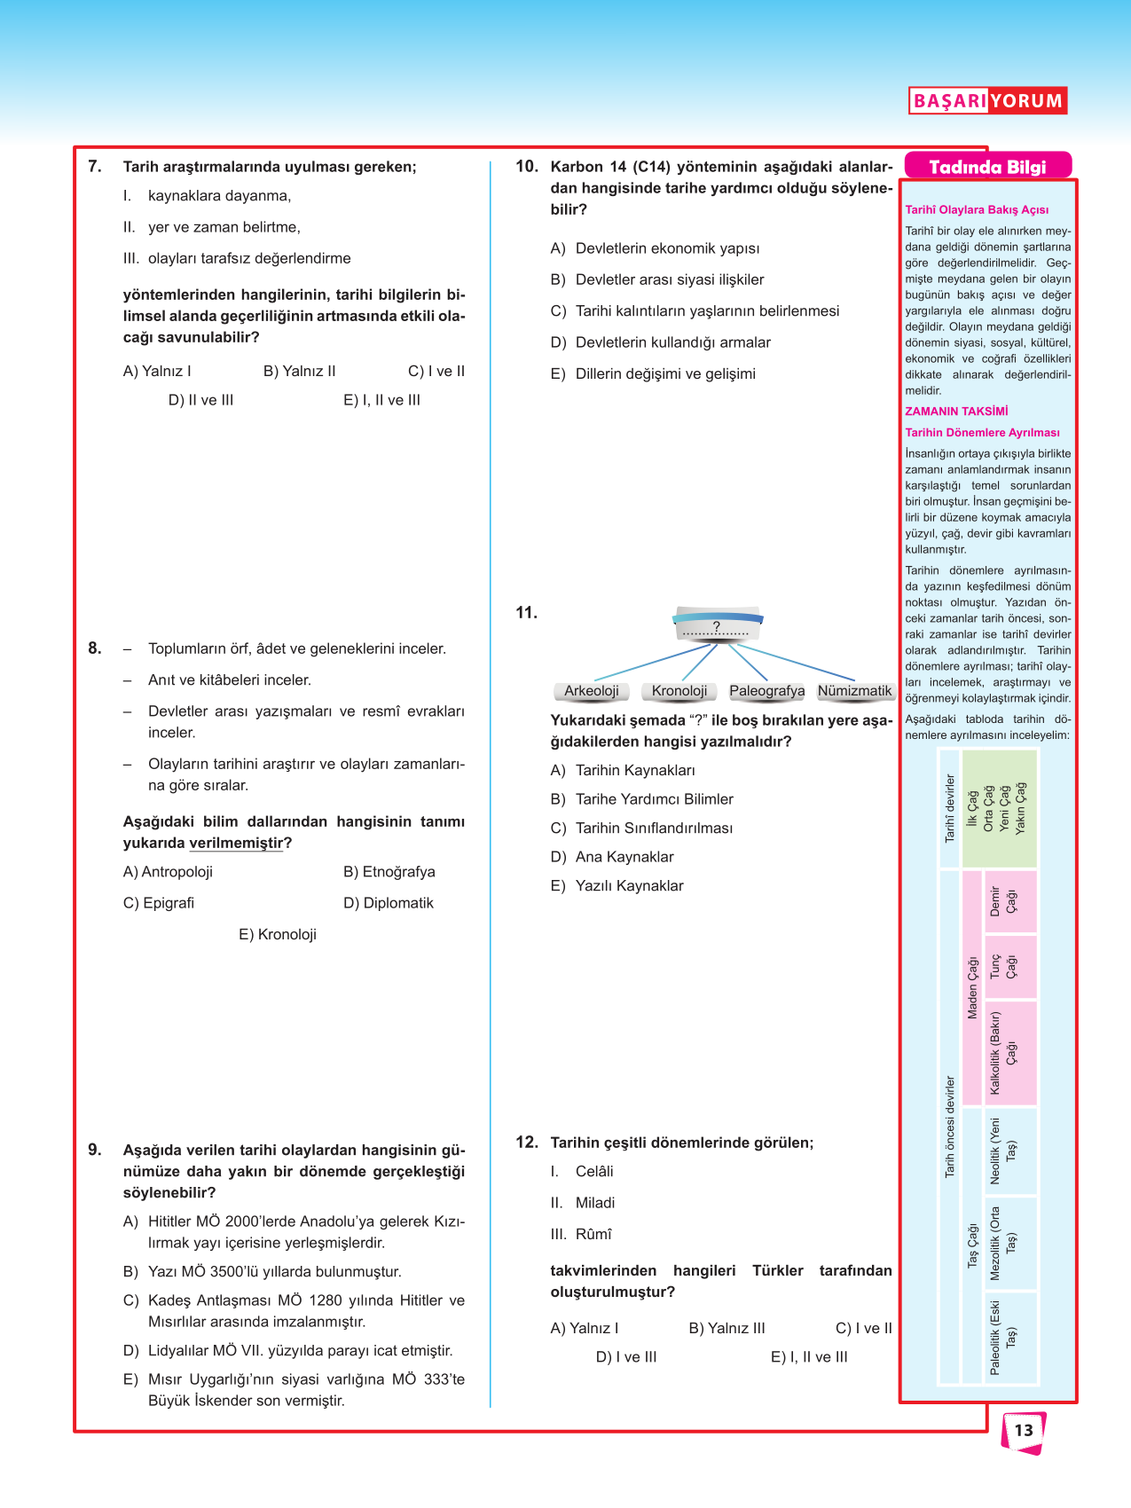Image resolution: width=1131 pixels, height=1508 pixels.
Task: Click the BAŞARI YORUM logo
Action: tap(987, 100)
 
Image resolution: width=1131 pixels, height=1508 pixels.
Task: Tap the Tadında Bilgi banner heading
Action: tap(987, 167)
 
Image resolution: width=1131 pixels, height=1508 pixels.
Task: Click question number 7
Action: tap(95, 166)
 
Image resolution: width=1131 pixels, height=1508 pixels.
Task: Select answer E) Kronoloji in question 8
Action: tap(278, 934)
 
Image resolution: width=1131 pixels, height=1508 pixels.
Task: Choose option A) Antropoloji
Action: tap(168, 872)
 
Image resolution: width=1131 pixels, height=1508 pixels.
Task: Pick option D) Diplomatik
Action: tap(389, 903)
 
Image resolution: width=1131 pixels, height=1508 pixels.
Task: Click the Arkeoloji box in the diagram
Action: tap(592, 691)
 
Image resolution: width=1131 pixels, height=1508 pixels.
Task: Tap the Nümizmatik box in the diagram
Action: tap(854, 691)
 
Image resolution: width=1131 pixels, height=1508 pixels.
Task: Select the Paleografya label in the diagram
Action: tap(767, 691)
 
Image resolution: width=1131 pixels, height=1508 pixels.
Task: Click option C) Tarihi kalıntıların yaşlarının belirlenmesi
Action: tap(695, 310)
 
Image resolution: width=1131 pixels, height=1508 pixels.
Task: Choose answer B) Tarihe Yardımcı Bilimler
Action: tap(642, 799)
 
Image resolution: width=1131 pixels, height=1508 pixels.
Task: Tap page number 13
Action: tap(1024, 1430)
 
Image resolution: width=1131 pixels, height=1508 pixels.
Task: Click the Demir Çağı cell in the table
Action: tap(1003, 901)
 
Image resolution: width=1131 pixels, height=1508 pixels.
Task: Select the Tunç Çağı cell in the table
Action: tap(1003, 966)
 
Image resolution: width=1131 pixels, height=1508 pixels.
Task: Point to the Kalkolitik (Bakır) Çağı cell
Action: tap(1003, 1052)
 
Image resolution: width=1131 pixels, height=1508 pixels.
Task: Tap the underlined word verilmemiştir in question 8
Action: tap(236, 843)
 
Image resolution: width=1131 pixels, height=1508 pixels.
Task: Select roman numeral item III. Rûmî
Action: tap(581, 1234)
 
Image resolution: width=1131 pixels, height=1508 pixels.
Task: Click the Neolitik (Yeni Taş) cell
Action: tap(1003, 1151)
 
